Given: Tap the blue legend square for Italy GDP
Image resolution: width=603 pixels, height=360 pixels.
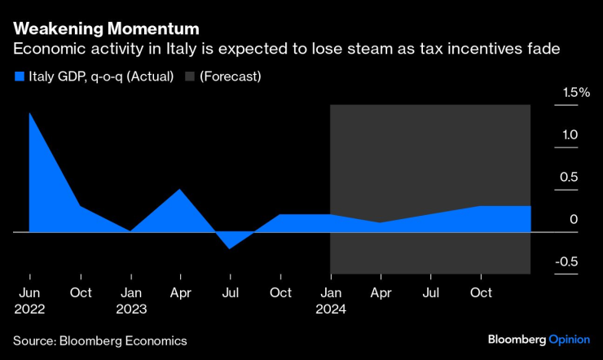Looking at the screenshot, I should tap(20, 77).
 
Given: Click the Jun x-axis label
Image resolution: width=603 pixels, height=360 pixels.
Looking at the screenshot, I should tap(29, 292).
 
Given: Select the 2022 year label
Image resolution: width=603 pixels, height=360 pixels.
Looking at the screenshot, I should tap(29, 309).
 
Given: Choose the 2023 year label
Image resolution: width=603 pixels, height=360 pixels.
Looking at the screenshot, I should tap(130, 309).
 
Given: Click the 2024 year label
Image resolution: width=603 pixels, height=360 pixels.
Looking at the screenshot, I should tap(331, 309).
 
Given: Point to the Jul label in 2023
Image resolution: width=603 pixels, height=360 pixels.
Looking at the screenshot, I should tap(231, 292).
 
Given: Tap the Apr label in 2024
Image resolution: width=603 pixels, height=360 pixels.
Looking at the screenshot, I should tap(381, 292).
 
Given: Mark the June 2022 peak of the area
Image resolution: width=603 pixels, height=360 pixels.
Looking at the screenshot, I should tap(30, 113).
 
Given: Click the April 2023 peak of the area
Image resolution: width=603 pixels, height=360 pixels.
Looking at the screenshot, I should tap(180, 190).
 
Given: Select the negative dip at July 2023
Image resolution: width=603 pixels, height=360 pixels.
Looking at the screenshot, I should tap(231, 247).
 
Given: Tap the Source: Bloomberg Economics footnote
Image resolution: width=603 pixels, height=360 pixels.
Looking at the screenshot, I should tap(100, 340).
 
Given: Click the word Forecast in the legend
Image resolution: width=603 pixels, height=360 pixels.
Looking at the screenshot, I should tap(232, 77).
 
